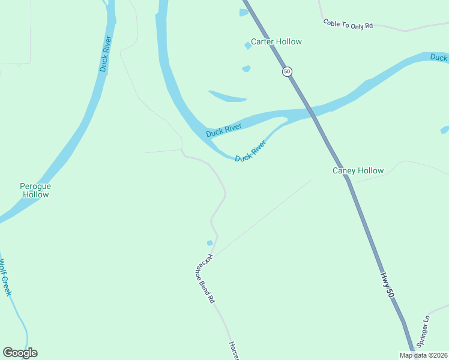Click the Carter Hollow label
(x=276, y=41)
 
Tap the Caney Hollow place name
(x=358, y=170)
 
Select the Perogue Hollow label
(x=35, y=190)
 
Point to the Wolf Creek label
(x=5, y=277)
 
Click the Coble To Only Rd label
(x=348, y=24)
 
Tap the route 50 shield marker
(x=287, y=71)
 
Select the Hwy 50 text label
(x=387, y=286)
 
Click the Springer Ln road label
(x=423, y=332)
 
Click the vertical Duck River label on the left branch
(x=106, y=54)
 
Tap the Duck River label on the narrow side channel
(x=250, y=151)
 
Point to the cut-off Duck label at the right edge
(x=439, y=58)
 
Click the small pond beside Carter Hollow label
(x=247, y=45)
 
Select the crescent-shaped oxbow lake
(x=228, y=97)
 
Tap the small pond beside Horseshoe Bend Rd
(x=209, y=243)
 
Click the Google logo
(x=20, y=353)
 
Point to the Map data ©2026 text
(x=423, y=355)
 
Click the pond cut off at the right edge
(x=445, y=130)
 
